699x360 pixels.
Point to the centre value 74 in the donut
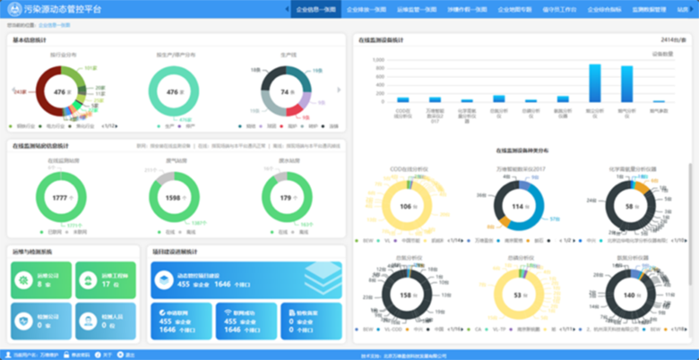pos(286,93)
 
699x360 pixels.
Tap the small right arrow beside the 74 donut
pos(338,90)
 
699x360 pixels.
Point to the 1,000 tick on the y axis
pos(379,60)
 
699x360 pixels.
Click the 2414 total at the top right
pos(673,40)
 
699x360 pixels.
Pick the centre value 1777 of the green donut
pos(61,198)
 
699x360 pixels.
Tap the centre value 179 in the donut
pos(286,198)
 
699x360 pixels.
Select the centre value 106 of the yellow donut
pos(405,207)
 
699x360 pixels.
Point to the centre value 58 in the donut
pos(629,207)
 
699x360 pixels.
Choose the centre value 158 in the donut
pos(405,295)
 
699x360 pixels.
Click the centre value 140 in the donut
pos(629,295)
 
